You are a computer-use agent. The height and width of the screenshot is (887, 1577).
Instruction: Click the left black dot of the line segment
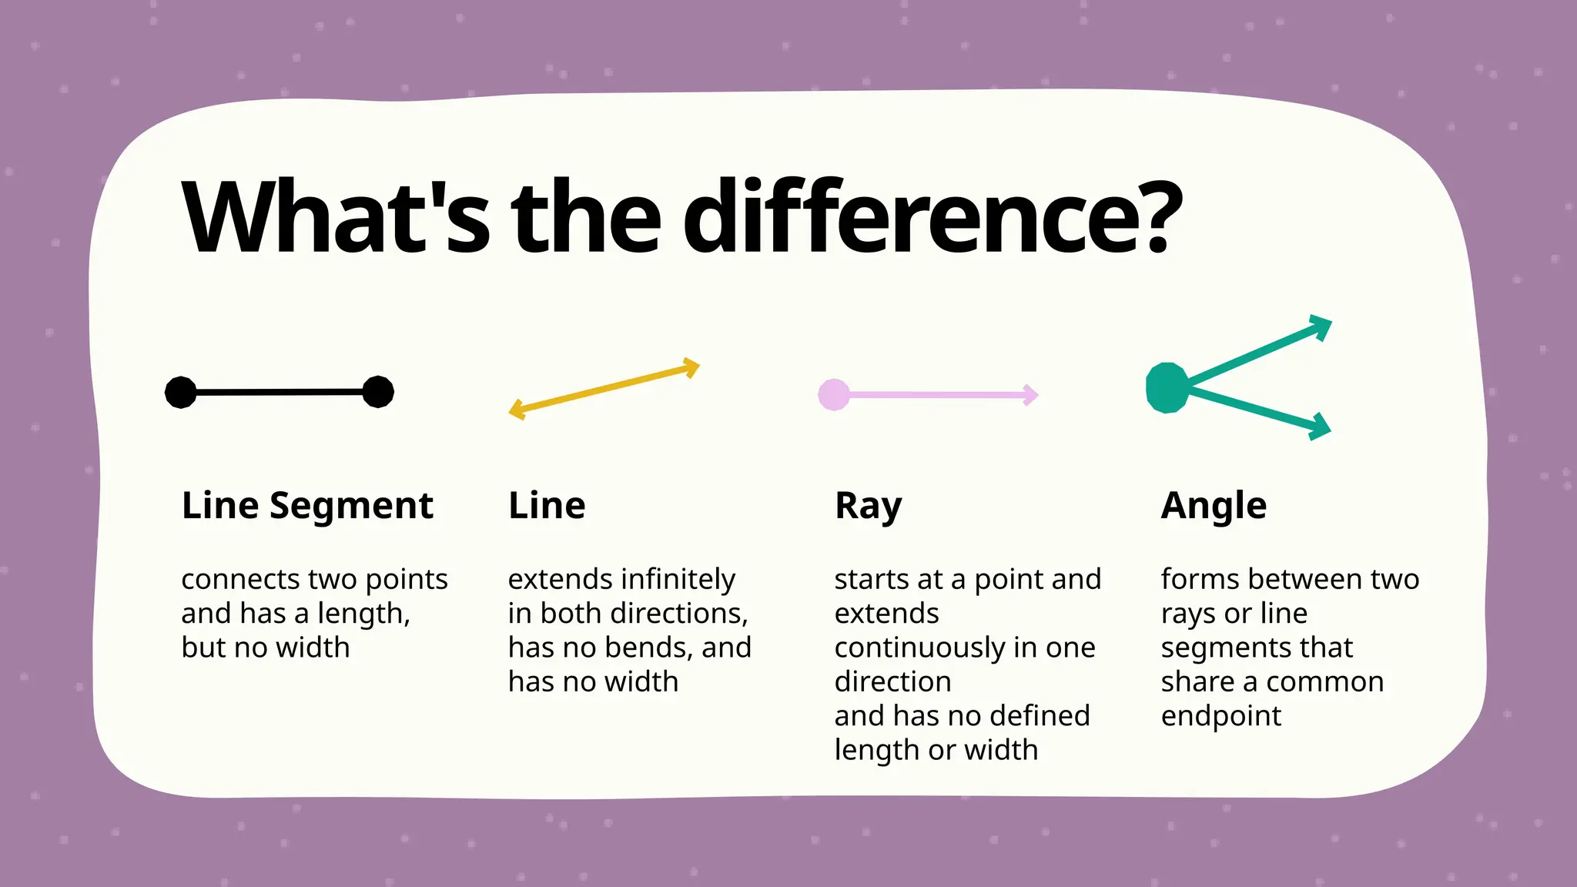tap(181, 393)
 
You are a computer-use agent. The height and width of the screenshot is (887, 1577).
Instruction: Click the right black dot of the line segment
tap(378, 392)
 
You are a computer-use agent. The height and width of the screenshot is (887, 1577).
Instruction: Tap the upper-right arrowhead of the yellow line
tap(691, 367)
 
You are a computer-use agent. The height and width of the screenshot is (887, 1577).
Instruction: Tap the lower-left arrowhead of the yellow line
tap(517, 410)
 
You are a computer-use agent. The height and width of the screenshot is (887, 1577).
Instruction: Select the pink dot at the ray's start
tap(834, 395)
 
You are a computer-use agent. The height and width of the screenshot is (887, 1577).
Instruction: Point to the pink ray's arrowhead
tap(1030, 395)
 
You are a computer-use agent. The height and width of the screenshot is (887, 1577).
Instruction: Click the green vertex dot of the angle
tap(1167, 388)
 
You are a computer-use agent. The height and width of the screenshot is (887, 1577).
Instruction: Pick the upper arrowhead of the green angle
tap(1321, 326)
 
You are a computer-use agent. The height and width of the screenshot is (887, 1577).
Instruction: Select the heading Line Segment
tap(307, 506)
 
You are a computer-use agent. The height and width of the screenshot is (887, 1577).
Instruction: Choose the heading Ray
tap(868, 507)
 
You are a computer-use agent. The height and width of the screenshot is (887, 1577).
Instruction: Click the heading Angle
tap(1214, 506)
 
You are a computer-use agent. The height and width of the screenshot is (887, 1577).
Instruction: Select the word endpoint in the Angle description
tap(1220, 716)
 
